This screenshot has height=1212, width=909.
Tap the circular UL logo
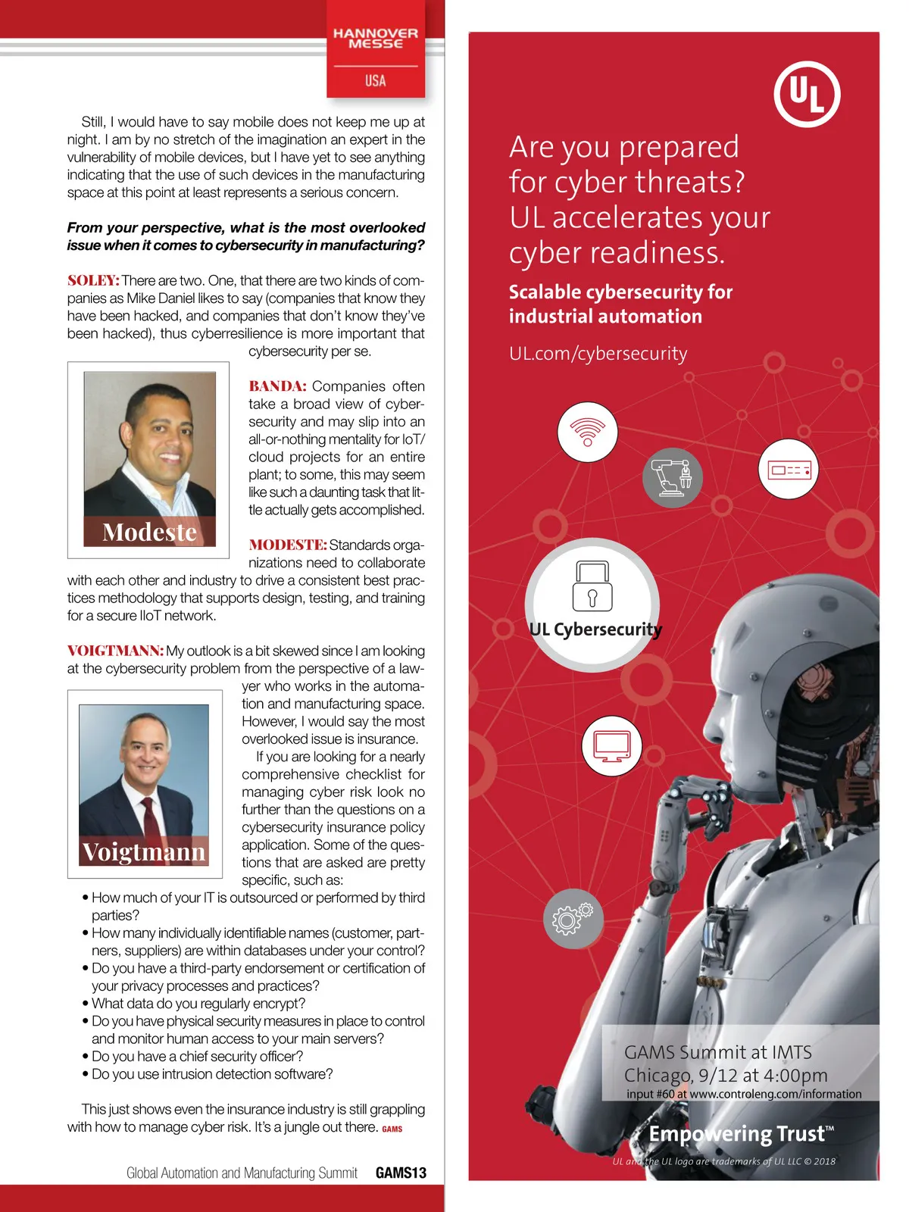(x=807, y=94)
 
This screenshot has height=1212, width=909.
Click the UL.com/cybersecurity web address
(x=598, y=354)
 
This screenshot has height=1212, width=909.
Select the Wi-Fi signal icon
(x=587, y=432)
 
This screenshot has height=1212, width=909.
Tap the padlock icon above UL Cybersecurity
(x=592, y=586)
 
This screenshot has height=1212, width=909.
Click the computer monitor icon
(x=612, y=745)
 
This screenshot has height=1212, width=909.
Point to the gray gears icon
(x=573, y=918)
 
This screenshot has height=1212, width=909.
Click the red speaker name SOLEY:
(x=93, y=281)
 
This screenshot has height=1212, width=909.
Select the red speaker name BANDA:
(x=277, y=386)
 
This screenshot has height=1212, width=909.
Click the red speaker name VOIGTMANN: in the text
(x=115, y=651)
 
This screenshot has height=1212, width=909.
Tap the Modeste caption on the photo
(x=149, y=532)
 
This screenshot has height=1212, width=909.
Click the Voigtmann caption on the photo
(x=144, y=852)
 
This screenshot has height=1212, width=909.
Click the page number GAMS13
(x=401, y=1173)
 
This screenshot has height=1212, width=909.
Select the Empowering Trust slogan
(x=741, y=1134)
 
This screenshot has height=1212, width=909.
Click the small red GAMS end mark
(x=392, y=1129)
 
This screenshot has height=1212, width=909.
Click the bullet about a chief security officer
(x=197, y=1057)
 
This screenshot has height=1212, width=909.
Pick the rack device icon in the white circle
(x=789, y=470)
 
